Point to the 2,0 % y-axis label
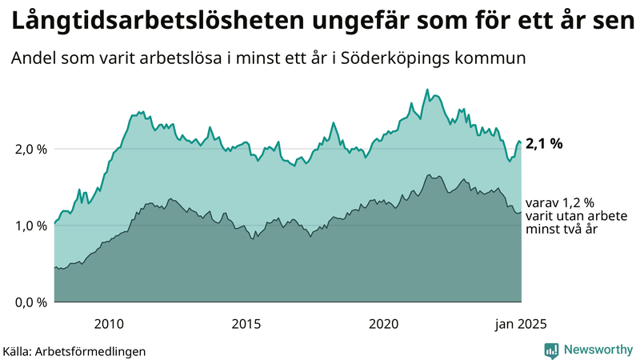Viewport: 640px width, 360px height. click(x=31, y=149)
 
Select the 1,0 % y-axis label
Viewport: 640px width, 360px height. click(x=31, y=226)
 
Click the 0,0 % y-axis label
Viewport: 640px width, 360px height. click(x=31, y=302)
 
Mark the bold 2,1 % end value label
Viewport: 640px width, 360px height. click(x=544, y=144)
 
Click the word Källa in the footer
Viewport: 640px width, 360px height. click(x=16, y=350)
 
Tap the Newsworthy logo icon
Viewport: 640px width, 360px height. click(x=551, y=350)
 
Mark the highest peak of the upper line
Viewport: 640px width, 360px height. click(x=427, y=90)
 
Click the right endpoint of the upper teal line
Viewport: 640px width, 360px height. click(x=521, y=142)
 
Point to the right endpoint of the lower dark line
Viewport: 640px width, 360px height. click(x=521, y=212)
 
